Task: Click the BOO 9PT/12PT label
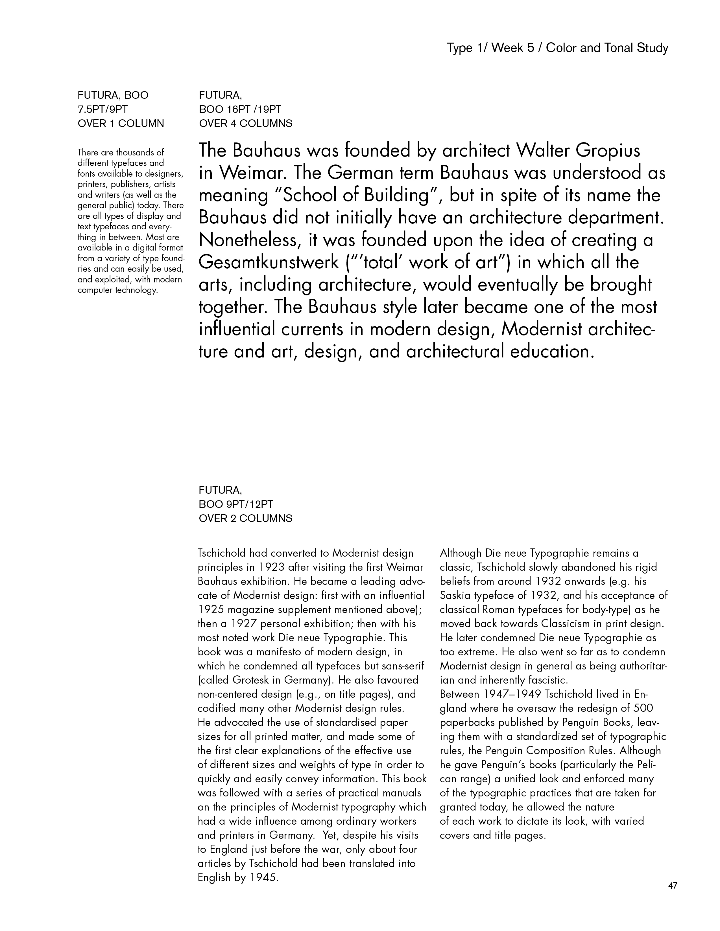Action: pyautogui.click(x=236, y=504)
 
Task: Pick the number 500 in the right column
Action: pyautogui.click(x=643, y=708)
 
